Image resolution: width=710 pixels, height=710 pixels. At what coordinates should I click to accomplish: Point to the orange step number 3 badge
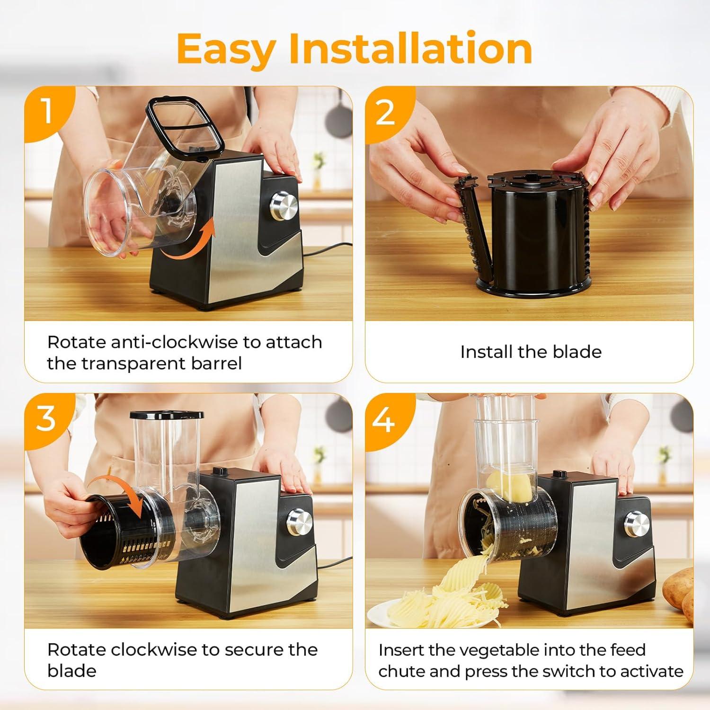pyautogui.click(x=46, y=418)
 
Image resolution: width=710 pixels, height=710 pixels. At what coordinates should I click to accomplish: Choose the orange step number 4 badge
pyautogui.click(x=384, y=418)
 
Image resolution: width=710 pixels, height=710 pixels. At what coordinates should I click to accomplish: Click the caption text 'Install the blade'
pyautogui.click(x=531, y=352)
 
